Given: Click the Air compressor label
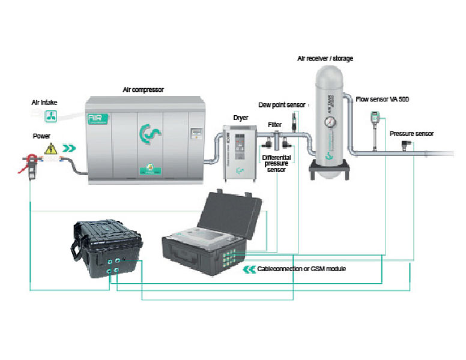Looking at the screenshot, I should coord(144,89).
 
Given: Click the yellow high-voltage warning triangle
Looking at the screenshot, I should coord(52,148).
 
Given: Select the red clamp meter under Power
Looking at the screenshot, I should coord(28,164).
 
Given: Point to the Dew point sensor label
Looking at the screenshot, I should coord(282,104).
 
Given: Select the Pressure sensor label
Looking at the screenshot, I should coord(411,133).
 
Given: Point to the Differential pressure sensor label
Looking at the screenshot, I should coord(277,162).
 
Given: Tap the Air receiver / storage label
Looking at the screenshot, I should coord(325,58).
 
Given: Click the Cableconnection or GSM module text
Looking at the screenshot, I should coord(301,269).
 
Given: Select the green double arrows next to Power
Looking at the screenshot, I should coord(71,147).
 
